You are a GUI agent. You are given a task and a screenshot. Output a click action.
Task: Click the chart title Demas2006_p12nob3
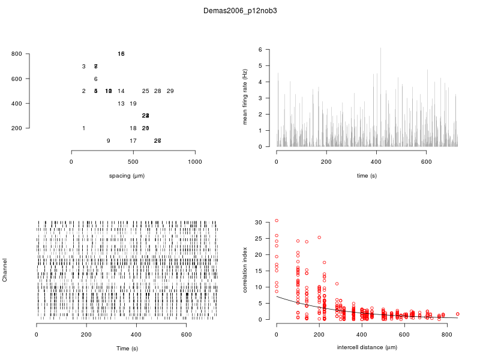click(x=240, y=11)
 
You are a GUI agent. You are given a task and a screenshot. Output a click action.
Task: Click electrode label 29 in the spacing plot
click(x=170, y=91)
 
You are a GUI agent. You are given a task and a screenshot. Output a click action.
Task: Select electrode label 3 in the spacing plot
click(x=84, y=67)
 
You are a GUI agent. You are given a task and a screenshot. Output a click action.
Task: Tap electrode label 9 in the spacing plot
click(x=109, y=141)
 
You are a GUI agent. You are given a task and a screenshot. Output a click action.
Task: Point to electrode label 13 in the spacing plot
click(x=121, y=104)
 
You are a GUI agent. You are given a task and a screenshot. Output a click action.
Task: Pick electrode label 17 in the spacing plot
click(x=133, y=141)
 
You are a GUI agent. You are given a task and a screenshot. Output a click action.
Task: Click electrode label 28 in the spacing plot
click(x=158, y=91)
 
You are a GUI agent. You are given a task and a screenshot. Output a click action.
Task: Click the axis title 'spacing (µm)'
click(x=127, y=176)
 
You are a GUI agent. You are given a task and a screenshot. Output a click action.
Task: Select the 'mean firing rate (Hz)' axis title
click(x=245, y=97)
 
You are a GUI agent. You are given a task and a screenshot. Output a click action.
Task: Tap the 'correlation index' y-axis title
click(x=245, y=271)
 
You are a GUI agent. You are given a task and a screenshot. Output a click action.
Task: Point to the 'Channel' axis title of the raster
click(x=5, y=271)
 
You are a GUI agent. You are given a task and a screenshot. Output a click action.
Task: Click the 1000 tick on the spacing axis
click(x=195, y=162)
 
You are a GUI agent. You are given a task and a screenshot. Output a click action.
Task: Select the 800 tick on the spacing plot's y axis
click(x=17, y=54)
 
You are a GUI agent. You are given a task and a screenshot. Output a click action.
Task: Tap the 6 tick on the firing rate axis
click(x=260, y=49)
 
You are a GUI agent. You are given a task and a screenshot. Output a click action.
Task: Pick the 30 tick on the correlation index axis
click(x=259, y=222)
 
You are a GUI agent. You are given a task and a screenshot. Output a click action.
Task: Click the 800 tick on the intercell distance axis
click(x=446, y=334)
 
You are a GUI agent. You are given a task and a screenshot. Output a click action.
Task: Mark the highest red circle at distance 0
click(x=277, y=220)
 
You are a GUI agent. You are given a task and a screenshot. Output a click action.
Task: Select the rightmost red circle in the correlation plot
click(x=457, y=314)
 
